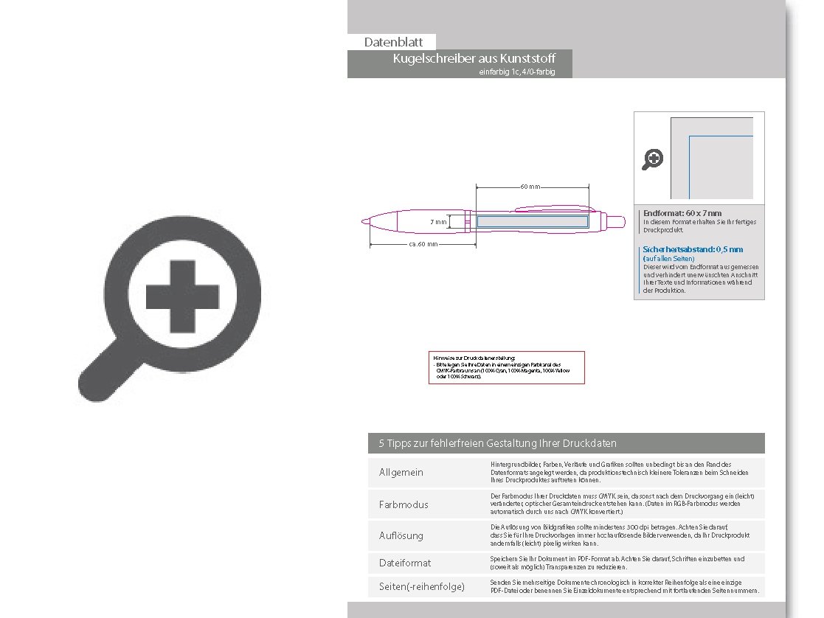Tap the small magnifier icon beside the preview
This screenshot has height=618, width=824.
pos(653,159)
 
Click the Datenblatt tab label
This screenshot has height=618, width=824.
pos(393,43)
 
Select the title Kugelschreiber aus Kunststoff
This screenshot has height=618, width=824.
pos(474,59)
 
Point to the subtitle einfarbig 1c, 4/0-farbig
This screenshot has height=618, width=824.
pos(516,72)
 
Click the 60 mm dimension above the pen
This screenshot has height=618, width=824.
pos(530,187)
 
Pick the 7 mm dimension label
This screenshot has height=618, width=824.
pos(439,221)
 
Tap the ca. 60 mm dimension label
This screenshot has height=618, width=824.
pos(423,243)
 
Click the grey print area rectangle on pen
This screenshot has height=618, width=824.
pos(531,221)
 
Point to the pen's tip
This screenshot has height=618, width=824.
pos(364,220)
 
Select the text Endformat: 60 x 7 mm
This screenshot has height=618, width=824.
pos(682,213)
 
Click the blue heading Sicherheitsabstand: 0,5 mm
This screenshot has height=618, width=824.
pos(693,249)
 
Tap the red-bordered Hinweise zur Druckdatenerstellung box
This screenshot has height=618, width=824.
pos(506,367)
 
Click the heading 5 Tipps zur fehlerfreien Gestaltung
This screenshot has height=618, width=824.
pos(498,443)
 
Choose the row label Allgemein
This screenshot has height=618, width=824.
pos(401,472)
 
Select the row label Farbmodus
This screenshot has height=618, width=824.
pos(404,504)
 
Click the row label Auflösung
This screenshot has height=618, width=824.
pos(401,535)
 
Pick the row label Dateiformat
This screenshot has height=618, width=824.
pos(405,563)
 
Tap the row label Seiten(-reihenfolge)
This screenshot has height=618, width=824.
pos(422,586)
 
